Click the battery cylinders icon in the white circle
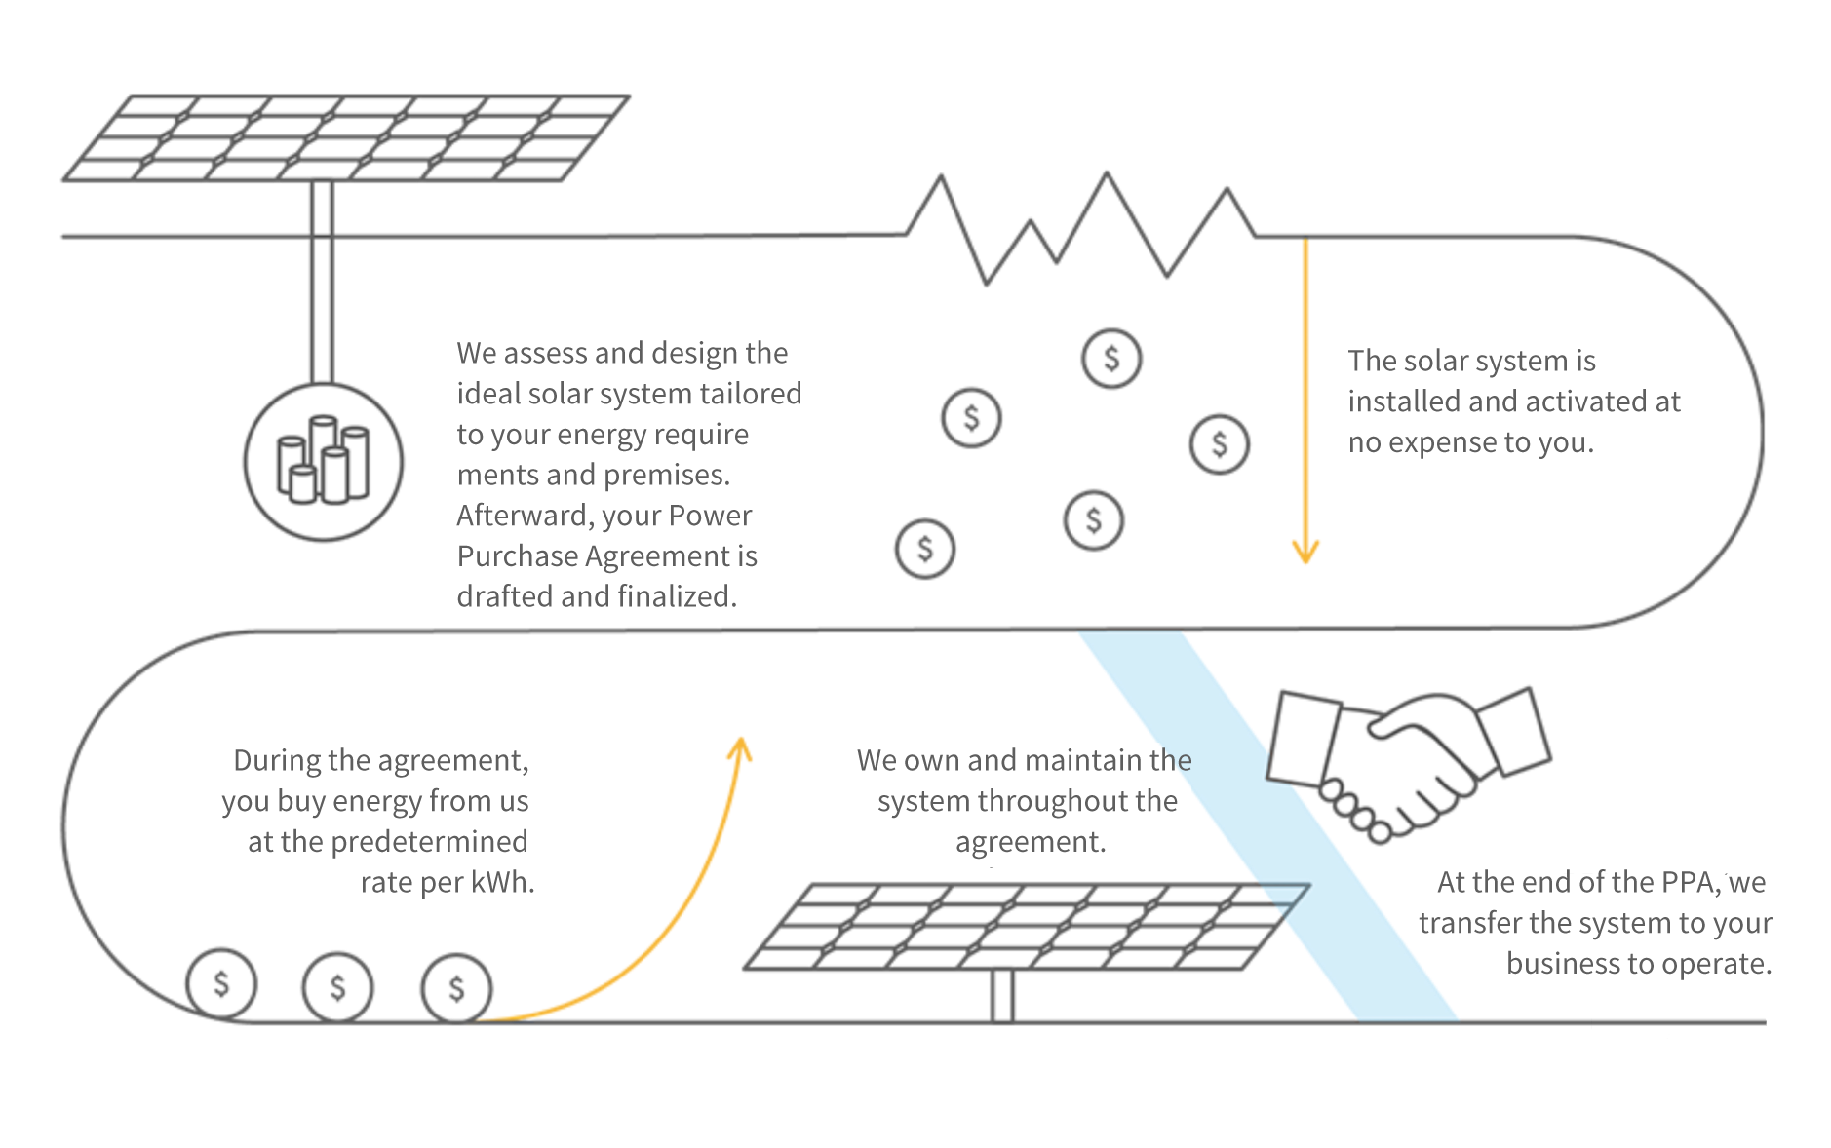324,461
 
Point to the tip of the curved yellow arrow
741,741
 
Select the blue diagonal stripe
1267,828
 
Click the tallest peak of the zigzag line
1107,175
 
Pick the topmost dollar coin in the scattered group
1111,359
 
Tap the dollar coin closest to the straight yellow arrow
1219,444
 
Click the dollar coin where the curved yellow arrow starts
456,988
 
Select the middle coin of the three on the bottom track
337,986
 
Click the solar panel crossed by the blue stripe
1024,926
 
